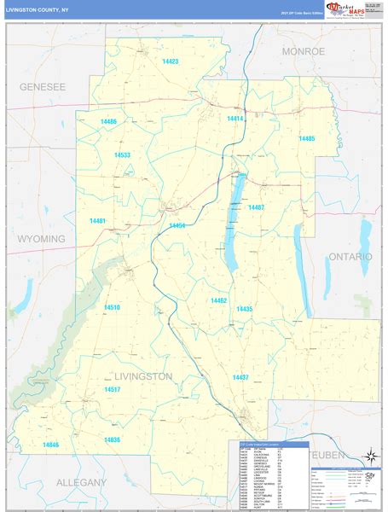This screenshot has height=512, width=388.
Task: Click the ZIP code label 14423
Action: point(170,61)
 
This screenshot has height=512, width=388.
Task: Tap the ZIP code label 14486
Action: point(108,122)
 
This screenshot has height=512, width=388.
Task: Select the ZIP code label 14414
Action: point(235,119)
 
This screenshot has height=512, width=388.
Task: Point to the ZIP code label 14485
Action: point(307,138)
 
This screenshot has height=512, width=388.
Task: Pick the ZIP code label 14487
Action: point(257,207)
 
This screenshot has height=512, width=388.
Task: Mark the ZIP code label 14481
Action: point(97,221)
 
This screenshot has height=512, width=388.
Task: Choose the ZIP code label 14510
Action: point(112,306)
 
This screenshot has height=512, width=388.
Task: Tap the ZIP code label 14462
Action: point(219,300)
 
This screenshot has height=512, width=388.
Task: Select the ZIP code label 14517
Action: point(112,389)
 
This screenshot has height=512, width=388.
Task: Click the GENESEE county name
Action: point(43,87)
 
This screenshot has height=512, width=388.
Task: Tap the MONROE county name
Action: point(304,52)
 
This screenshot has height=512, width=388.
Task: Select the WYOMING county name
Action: point(41,239)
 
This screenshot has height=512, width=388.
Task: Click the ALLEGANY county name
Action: point(81,482)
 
